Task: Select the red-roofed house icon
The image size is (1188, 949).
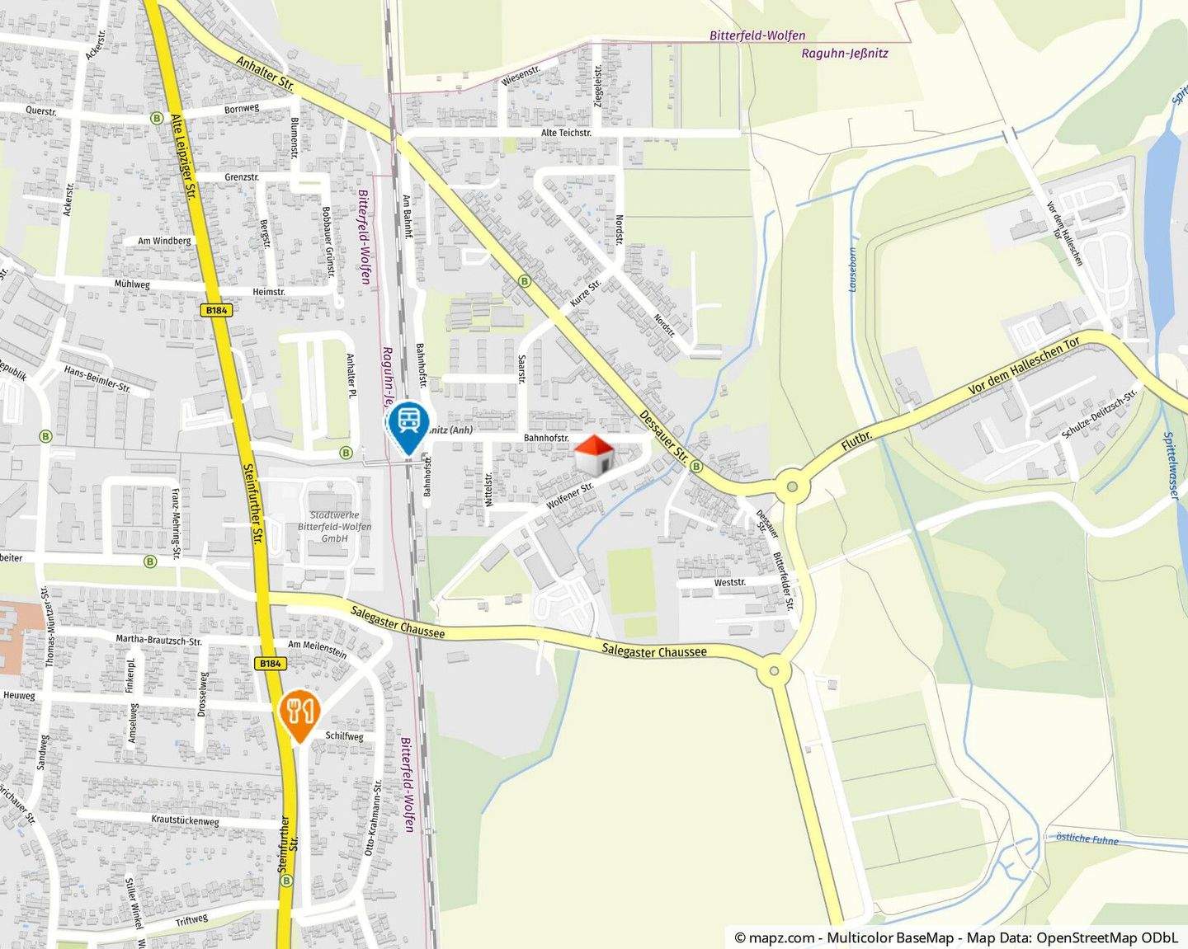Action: pyautogui.click(x=594, y=455)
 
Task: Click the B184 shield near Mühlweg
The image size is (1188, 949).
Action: pyautogui.click(x=218, y=310)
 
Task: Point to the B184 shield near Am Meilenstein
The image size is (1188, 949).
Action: pyautogui.click(x=270, y=663)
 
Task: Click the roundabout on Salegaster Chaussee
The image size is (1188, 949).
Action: pyautogui.click(x=774, y=670)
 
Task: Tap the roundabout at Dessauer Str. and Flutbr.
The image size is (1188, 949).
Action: pyautogui.click(x=792, y=486)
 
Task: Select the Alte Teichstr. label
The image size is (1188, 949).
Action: pyautogui.click(x=566, y=133)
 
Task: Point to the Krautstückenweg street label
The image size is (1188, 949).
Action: pyautogui.click(x=185, y=821)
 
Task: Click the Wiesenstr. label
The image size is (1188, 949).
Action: pyautogui.click(x=520, y=76)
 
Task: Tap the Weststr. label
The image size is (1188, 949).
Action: pyautogui.click(x=729, y=582)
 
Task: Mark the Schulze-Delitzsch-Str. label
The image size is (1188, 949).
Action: pyautogui.click(x=1099, y=413)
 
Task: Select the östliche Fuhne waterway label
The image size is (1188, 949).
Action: pyautogui.click(x=1087, y=839)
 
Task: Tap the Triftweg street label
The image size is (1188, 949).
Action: pyautogui.click(x=191, y=921)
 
